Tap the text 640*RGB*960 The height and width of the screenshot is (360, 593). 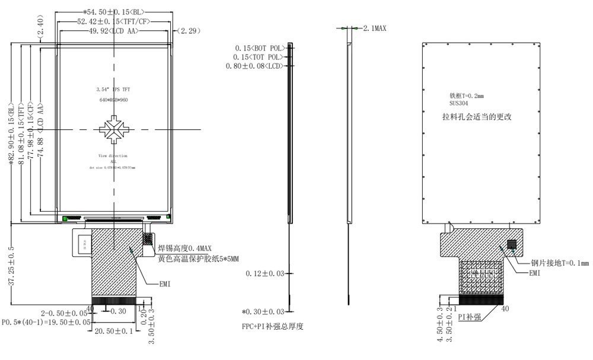[113, 99]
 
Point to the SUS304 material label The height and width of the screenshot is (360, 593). [459, 103]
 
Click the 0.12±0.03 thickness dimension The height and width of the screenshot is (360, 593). [264, 273]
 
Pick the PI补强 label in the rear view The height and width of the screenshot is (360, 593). [468, 317]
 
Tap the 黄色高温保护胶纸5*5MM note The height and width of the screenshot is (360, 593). [197, 259]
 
